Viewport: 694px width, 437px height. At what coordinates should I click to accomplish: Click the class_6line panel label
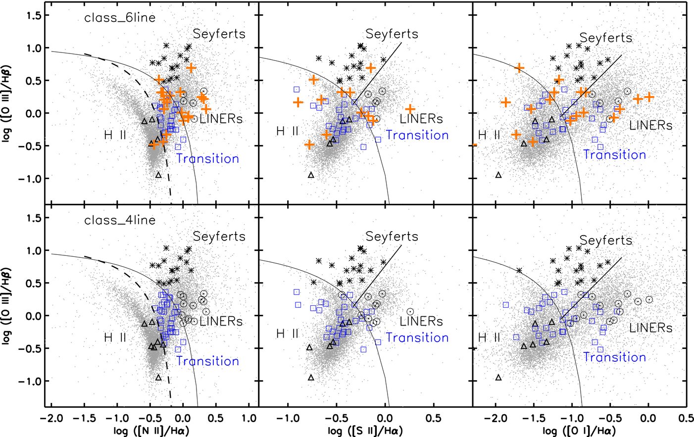[120, 18]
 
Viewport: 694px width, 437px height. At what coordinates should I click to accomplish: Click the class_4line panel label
[120, 221]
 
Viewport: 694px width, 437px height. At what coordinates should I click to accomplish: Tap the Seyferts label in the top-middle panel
[392, 34]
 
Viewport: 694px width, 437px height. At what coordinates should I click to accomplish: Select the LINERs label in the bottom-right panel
[650, 328]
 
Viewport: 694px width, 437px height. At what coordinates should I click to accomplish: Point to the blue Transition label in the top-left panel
[207, 159]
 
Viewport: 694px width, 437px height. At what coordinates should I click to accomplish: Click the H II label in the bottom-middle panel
[287, 334]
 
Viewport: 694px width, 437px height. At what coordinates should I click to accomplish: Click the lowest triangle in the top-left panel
[158, 175]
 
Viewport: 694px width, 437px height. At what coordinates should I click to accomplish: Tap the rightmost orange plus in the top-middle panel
[410, 109]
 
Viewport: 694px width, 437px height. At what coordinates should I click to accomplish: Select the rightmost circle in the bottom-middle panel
[410, 312]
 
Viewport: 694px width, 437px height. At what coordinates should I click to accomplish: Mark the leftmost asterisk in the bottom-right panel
[519, 270]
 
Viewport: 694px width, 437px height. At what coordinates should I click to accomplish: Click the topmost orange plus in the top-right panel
[519, 67]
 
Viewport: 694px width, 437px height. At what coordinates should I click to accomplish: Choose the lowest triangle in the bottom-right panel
[498, 378]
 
